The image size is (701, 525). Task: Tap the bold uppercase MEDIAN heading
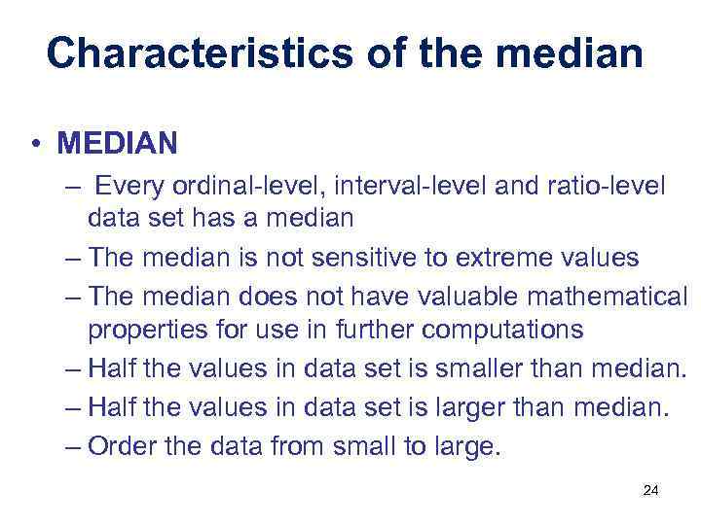coord(117,144)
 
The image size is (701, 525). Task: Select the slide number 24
coord(650,490)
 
